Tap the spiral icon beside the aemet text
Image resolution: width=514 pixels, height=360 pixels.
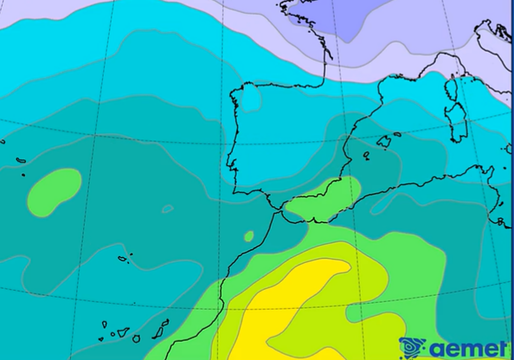411,347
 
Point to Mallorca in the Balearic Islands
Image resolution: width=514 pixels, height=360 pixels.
384,141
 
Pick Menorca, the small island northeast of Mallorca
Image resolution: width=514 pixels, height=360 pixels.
397,134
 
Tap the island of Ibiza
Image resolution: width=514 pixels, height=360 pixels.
366,155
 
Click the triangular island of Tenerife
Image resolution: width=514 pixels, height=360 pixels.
123,332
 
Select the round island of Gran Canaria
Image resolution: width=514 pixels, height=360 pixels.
136,339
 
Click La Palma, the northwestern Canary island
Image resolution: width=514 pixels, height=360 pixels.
104,324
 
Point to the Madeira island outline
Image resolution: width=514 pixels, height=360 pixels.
123,258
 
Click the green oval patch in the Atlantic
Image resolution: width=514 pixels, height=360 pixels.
54,192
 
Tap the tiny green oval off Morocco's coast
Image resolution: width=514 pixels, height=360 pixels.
248,236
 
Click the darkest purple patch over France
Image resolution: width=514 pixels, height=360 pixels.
343,19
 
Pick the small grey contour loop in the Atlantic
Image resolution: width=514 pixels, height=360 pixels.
167,209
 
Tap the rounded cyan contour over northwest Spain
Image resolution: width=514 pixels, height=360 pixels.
251,97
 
